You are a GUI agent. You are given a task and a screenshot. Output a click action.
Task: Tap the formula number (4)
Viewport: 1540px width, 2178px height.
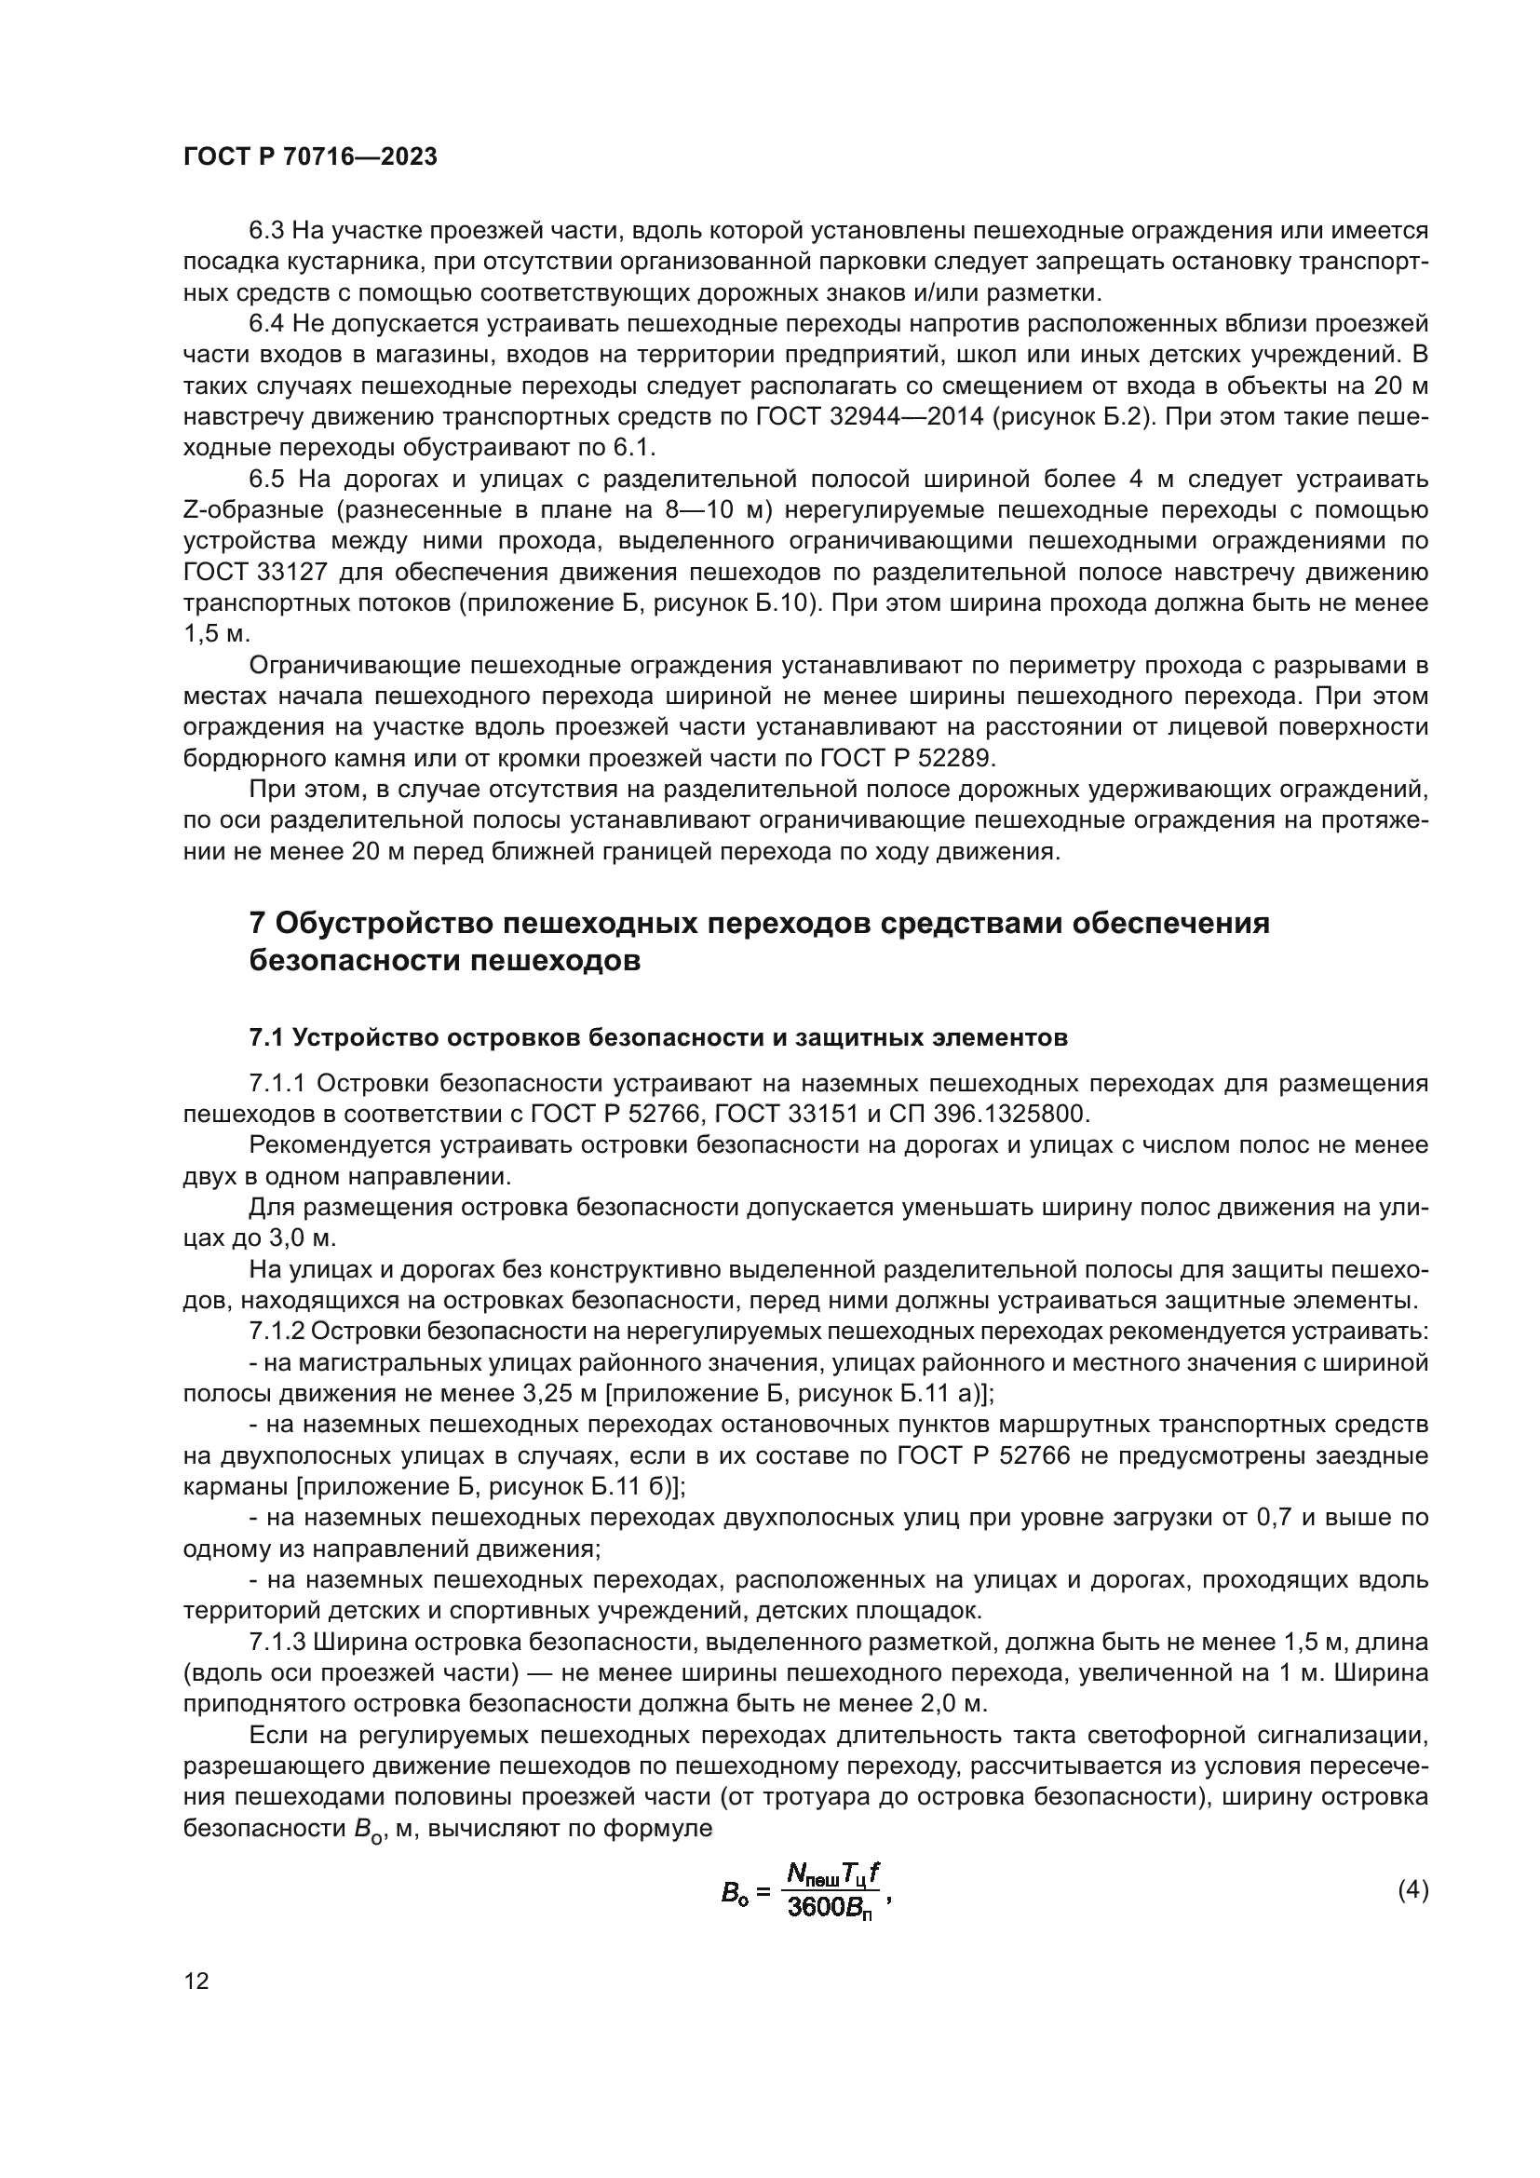pos(1413,1890)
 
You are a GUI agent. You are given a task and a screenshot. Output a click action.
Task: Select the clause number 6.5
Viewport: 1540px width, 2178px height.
pos(269,479)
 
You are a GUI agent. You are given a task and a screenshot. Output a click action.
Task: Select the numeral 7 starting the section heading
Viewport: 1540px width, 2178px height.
pos(256,923)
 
